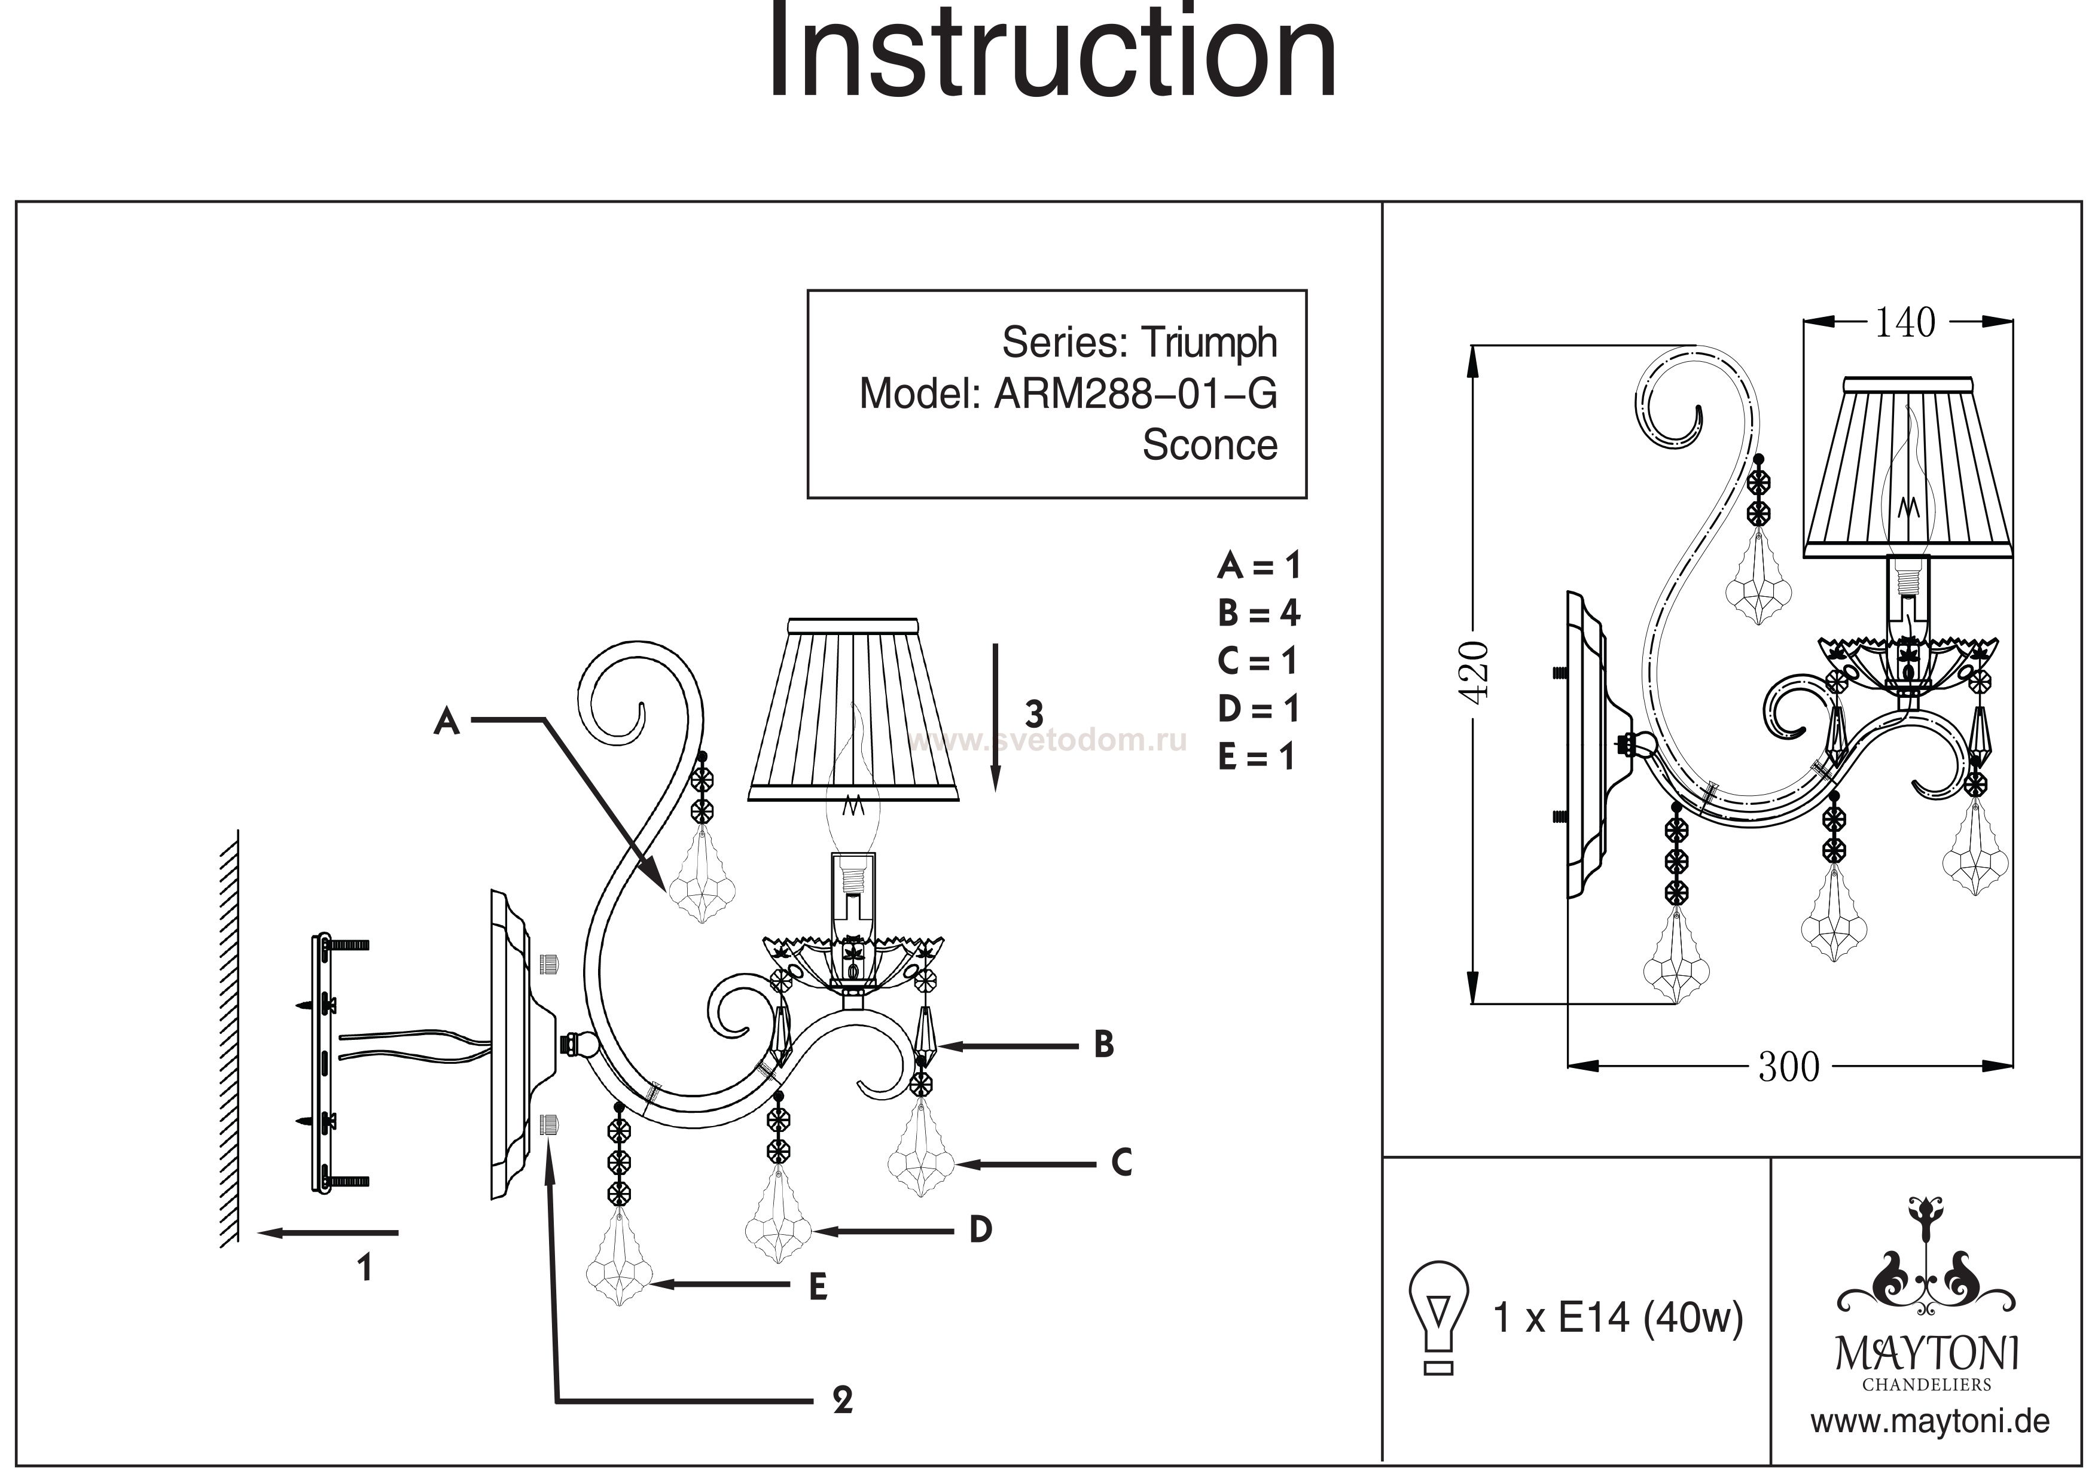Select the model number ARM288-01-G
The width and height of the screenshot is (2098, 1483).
[1135, 394]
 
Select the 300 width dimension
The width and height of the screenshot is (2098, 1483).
[1788, 1066]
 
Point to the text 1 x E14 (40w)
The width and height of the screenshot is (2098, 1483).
[1617, 1317]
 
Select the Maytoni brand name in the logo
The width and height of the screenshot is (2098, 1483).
[1927, 1353]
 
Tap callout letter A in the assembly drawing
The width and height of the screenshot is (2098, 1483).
[446, 722]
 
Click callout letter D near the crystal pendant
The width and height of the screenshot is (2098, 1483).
[980, 1230]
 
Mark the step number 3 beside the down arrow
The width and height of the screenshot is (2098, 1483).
[1033, 713]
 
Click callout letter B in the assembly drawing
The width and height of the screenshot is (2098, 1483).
[1104, 1045]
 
